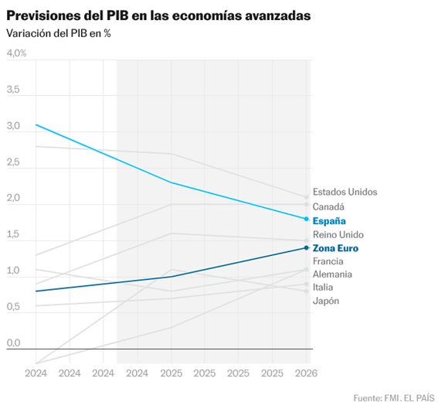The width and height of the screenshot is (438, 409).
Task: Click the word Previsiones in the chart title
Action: (43, 15)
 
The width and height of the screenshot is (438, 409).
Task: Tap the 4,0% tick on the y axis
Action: (17, 53)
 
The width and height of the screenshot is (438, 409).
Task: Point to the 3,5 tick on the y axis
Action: (13, 90)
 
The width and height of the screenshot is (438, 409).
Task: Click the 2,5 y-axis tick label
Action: (13, 162)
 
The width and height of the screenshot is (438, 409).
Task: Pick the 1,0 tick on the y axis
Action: (13, 271)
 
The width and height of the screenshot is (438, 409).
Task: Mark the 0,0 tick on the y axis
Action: (13, 343)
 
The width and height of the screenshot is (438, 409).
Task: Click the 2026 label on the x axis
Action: (306, 373)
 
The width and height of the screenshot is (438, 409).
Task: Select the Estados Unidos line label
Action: (345, 192)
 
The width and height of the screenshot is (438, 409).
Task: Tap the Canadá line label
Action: (328, 206)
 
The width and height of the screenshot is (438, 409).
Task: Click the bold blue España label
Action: (329, 220)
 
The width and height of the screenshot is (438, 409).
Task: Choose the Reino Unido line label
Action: (338, 234)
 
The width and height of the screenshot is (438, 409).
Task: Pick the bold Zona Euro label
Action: (335, 248)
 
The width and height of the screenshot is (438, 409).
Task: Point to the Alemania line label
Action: (332, 274)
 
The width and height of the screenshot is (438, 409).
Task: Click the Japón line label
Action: (325, 301)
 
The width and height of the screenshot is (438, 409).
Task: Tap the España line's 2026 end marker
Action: (306, 219)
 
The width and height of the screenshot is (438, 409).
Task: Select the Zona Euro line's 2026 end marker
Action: (306, 247)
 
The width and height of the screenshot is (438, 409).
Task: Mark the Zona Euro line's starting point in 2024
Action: (36, 291)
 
